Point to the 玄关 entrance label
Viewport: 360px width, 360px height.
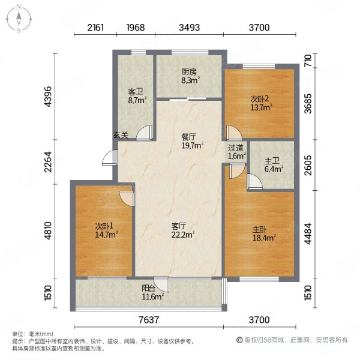click(x=121, y=136)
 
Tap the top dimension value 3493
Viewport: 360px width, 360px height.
click(x=190, y=27)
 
